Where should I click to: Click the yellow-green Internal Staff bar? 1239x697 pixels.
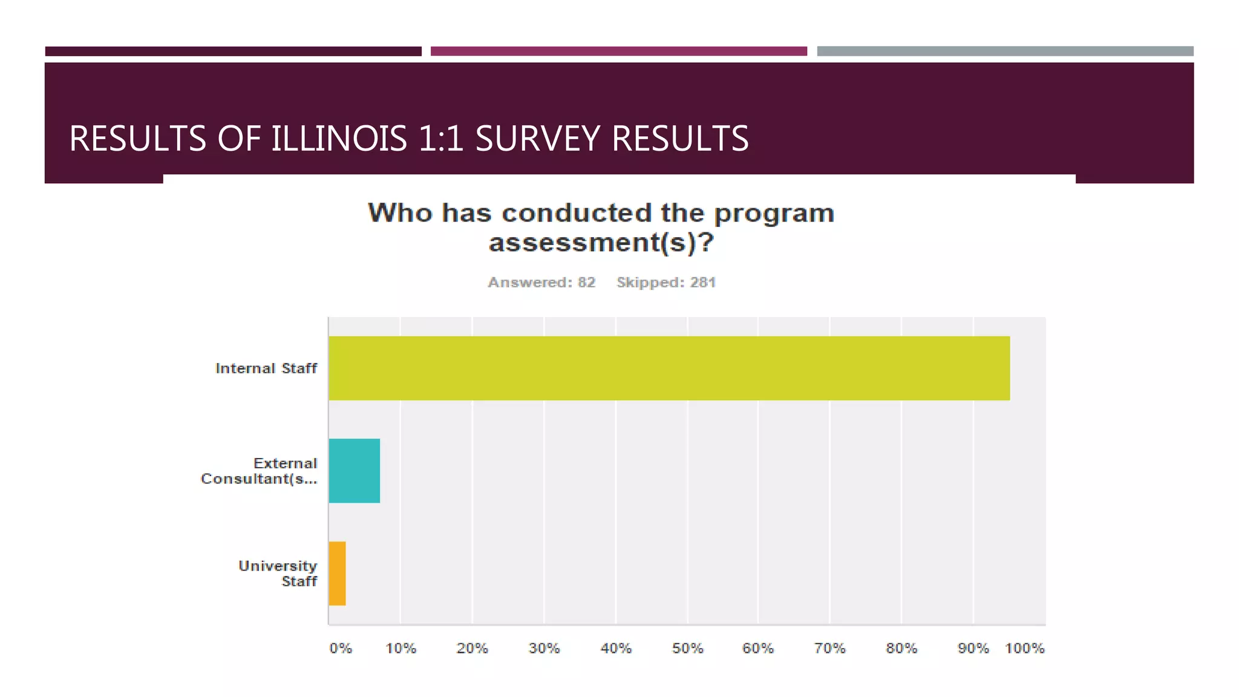coord(669,368)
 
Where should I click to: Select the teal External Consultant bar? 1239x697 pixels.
coord(354,471)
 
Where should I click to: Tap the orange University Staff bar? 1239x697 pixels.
coord(337,573)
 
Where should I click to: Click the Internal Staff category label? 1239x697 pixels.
coord(266,368)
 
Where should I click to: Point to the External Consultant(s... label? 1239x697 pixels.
coord(259,471)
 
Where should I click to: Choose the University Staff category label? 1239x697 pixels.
coord(278,574)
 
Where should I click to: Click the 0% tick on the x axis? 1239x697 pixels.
coord(341,649)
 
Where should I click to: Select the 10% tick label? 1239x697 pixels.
coord(400,649)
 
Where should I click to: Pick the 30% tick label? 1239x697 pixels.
coord(544,649)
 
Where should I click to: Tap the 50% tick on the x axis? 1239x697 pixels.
coord(687,649)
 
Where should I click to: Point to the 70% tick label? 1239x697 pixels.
coord(829,649)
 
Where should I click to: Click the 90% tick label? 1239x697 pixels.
coord(973,649)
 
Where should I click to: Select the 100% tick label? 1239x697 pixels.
coord(1024,649)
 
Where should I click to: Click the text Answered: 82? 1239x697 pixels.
coord(541,283)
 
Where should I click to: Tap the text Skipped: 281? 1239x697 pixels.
coord(666,283)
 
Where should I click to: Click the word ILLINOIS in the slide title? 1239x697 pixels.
coord(339,139)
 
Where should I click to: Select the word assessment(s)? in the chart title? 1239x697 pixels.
coord(601,243)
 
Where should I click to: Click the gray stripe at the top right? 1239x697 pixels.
coord(1005,51)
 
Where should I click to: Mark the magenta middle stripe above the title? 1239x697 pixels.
coord(618,51)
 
